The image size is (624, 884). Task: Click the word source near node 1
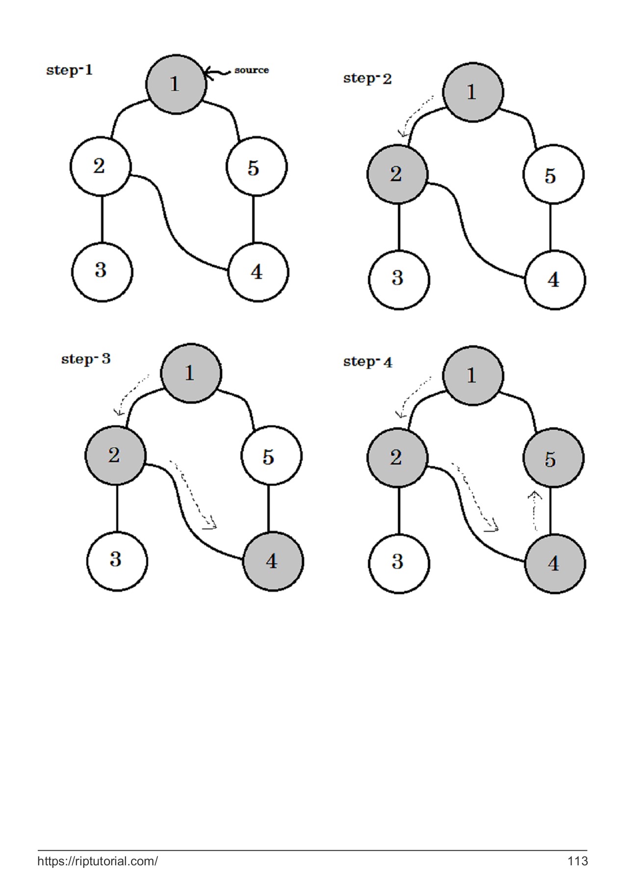[251, 70]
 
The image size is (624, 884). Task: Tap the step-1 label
[69, 70]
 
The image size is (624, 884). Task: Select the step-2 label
[367, 79]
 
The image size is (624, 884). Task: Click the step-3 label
[86, 359]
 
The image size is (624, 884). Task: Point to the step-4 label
[367, 362]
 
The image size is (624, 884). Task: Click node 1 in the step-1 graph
[176, 84]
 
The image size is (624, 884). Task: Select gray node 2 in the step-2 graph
[397, 174]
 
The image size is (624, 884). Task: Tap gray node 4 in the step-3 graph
[273, 561]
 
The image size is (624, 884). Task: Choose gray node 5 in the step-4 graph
[553, 458]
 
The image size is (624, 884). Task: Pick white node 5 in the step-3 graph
[271, 456]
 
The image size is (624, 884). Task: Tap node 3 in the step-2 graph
[398, 279]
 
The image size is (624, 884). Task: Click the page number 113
[577, 861]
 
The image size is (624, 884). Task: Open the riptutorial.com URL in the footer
[98, 861]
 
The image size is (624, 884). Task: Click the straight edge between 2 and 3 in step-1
[102, 219]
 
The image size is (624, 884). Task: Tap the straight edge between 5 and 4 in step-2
[550, 227]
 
